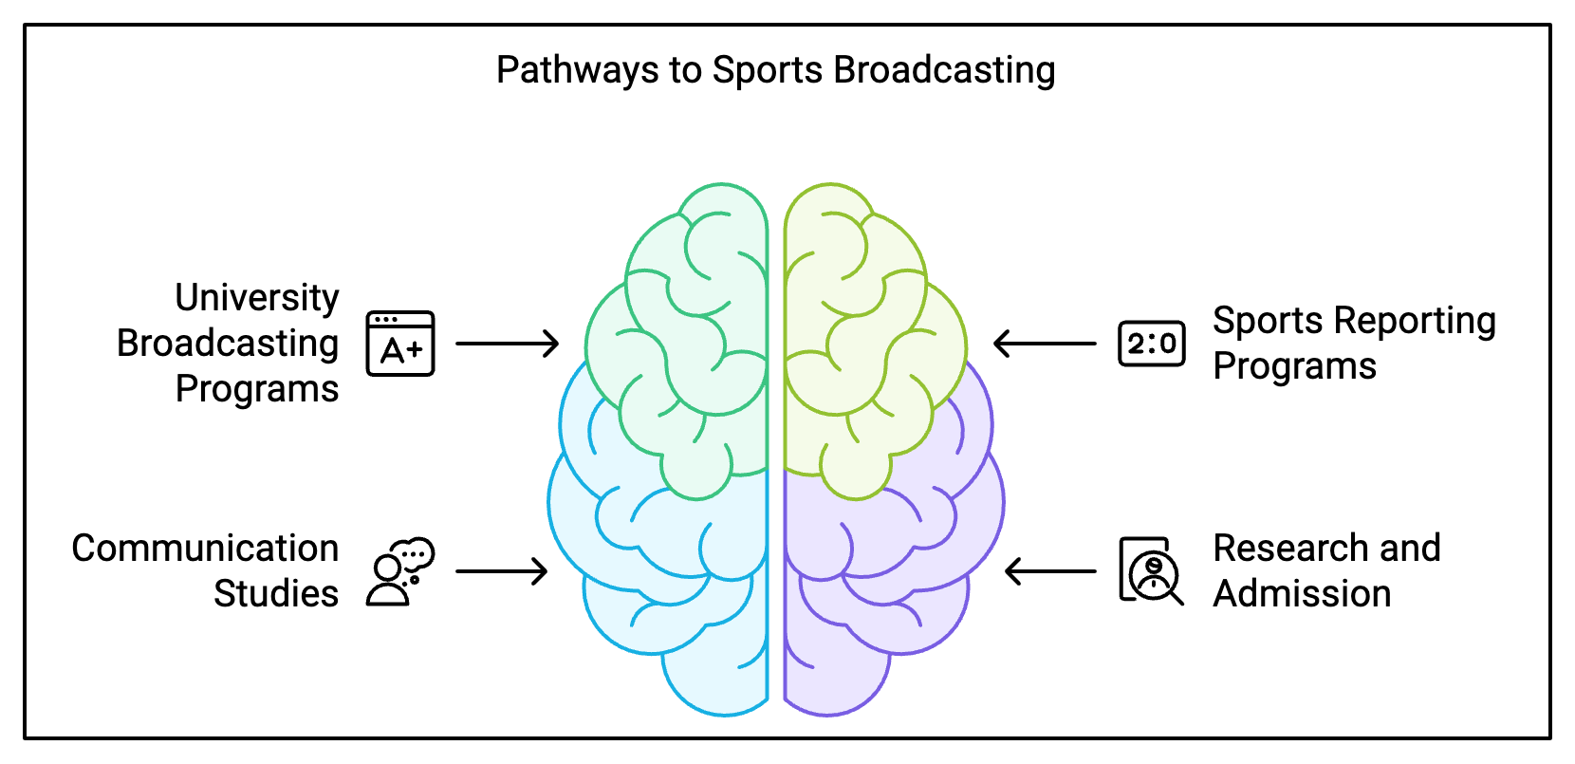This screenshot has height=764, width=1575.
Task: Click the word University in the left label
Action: (x=257, y=298)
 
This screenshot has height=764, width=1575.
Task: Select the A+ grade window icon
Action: (x=400, y=344)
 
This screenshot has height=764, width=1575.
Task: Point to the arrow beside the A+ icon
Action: (x=508, y=344)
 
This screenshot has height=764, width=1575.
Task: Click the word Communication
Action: (x=205, y=549)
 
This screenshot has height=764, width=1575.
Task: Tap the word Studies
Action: (x=276, y=594)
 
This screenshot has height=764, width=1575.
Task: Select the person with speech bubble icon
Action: (x=400, y=571)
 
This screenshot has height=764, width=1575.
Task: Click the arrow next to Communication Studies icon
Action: (x=502, y=571)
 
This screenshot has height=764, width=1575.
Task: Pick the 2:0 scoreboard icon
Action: (x=1152, y=344)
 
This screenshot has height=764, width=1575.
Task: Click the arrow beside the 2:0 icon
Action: (x=1045, y=344)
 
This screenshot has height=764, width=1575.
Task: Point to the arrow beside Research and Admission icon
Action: (x=1050, y=571)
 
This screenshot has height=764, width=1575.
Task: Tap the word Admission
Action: (x=1302, y=594)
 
